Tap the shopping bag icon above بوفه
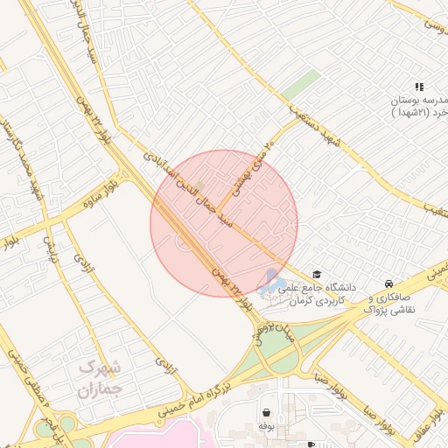[264, 411]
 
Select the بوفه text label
[265, 425]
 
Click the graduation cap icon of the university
[316, 275]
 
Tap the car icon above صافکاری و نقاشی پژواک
[388, 284]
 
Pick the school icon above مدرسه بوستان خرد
[419, 87]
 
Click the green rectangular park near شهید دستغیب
[300, 86]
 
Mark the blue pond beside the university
[269, 283]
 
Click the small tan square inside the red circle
[199, 186]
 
